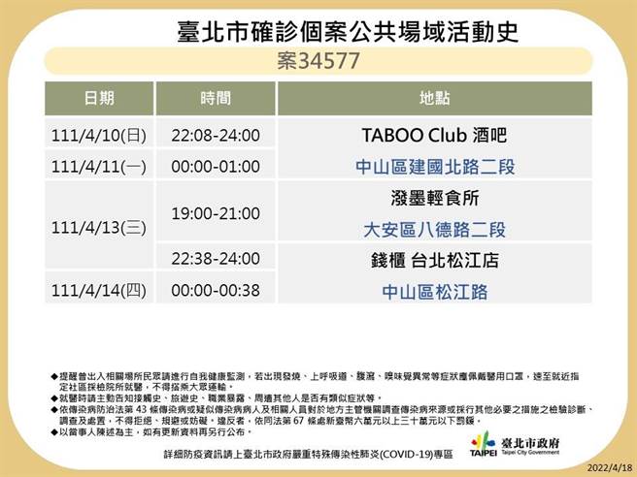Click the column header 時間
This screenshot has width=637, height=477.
216,98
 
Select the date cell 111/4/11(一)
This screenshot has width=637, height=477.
98,166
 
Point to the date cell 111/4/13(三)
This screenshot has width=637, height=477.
98,228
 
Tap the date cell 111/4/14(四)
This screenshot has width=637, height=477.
98,290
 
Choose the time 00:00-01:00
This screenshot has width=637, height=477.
216,166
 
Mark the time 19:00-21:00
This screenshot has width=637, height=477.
216,212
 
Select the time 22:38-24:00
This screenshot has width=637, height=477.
216,258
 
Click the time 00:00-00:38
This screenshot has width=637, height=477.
216,290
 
